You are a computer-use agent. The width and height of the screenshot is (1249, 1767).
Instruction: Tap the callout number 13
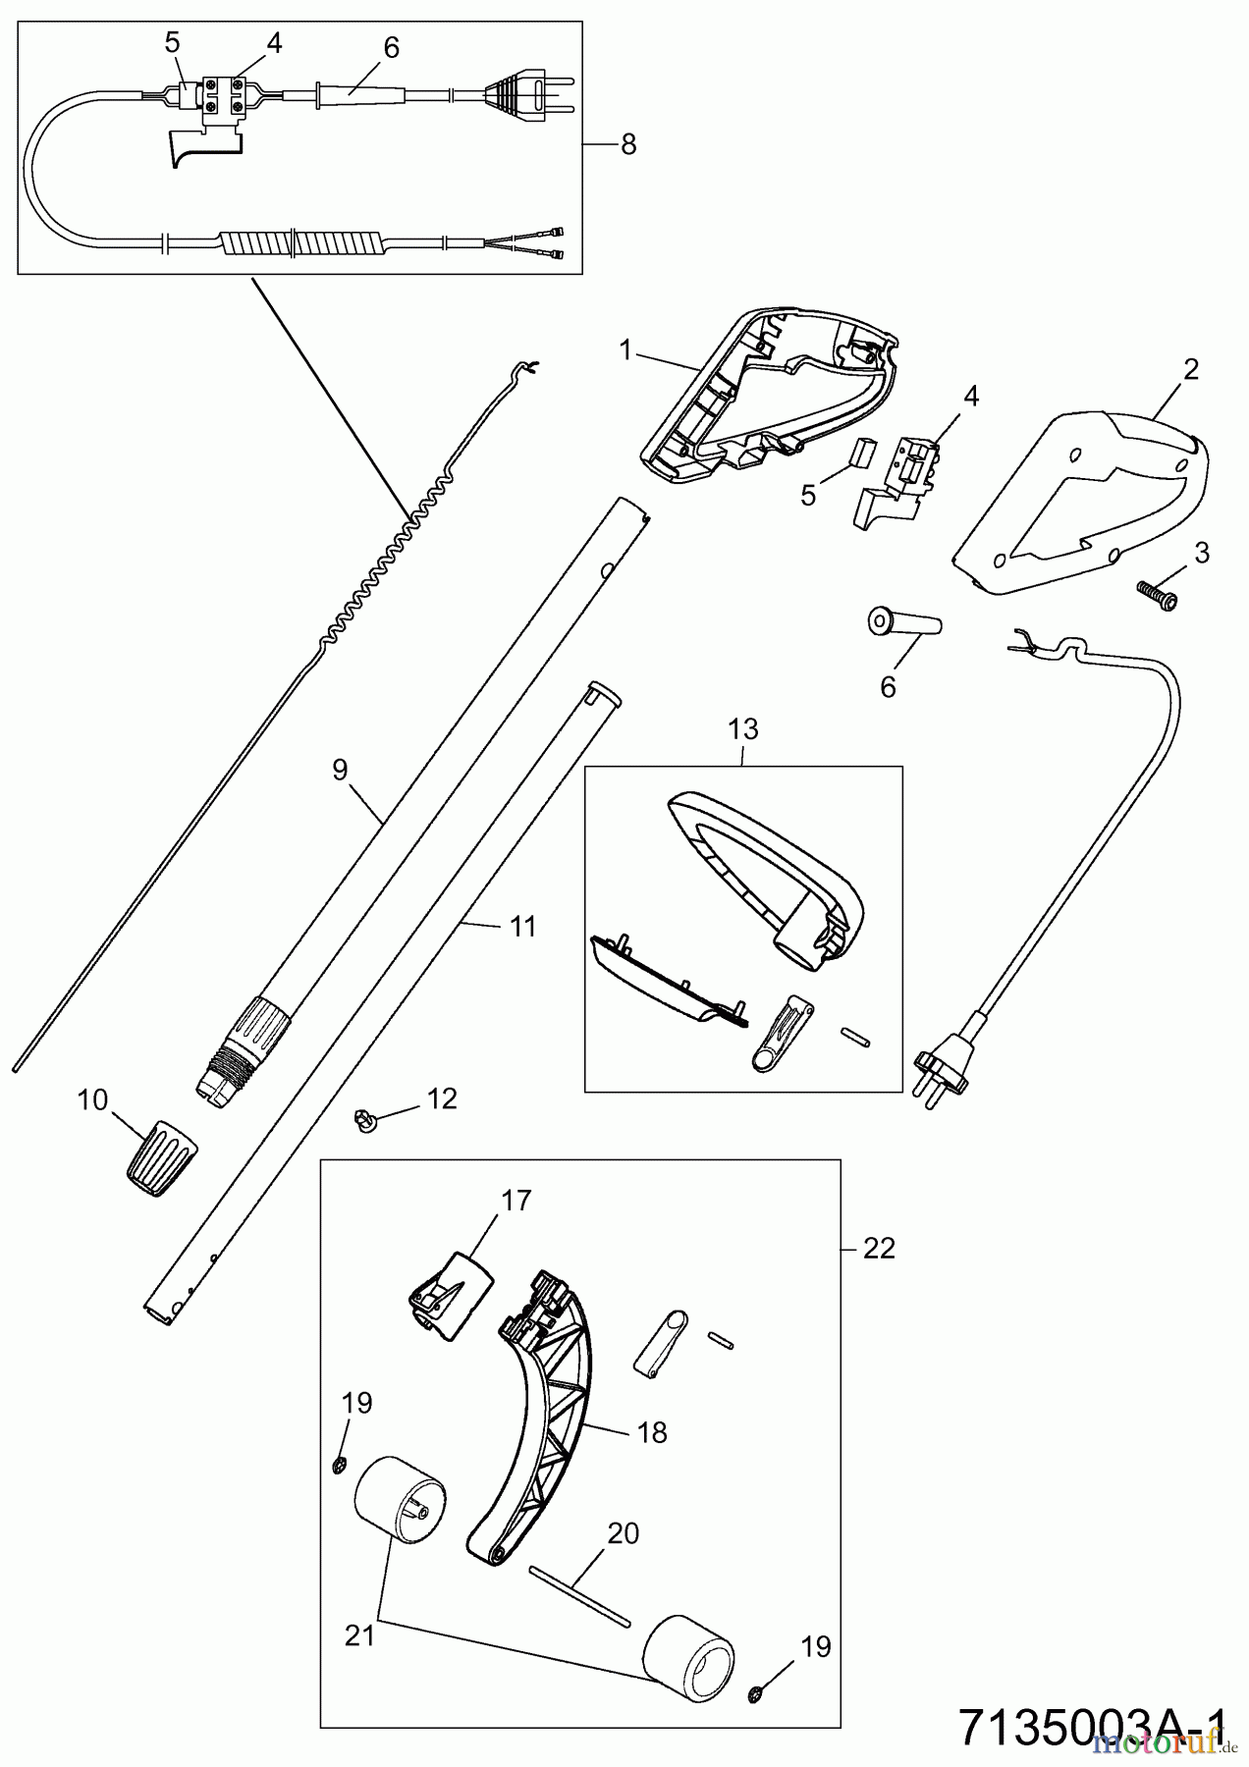coord(743,729)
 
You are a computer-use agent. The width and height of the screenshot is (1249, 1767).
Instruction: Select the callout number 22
coord(879,1248)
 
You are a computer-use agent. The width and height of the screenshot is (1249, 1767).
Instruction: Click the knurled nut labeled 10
coord(160,1156)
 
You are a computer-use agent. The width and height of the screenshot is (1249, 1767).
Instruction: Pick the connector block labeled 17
coord(450,1294)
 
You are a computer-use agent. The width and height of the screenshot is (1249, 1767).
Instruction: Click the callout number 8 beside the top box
coord(628,144)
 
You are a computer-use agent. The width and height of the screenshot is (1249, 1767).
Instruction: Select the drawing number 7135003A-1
coord(1090,1726)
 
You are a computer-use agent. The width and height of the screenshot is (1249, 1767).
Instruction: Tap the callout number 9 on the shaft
coord(340,770)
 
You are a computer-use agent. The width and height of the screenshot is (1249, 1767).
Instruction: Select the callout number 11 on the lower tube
coord(523,925)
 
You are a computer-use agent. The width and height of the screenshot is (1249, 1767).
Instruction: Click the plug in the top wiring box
coord(520,94)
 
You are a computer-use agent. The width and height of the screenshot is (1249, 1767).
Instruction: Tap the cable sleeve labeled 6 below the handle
coord(904,624)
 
